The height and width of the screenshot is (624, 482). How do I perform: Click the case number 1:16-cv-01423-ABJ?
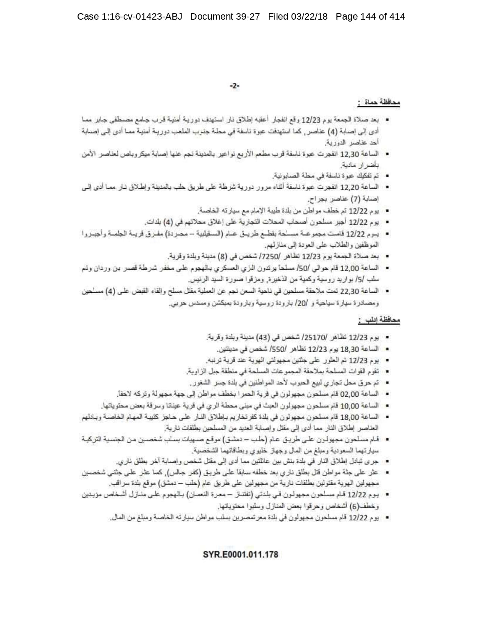(139, 17)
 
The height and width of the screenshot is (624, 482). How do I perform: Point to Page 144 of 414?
(370, 17)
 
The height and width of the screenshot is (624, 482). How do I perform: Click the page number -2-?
(235, 87)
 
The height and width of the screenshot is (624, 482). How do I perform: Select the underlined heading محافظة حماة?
(379, 103)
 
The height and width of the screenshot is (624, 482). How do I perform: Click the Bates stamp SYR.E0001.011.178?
(240, 554)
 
